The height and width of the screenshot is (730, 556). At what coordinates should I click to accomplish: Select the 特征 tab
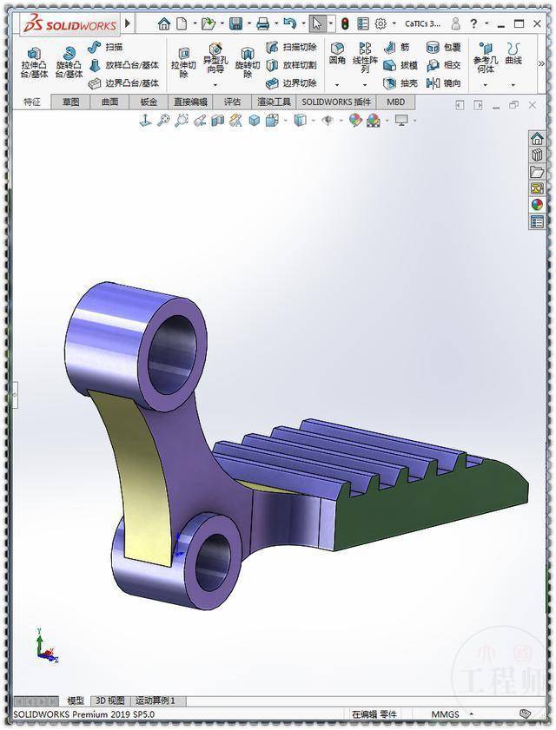pos(31,102)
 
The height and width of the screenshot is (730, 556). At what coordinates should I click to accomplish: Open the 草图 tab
pos(70,102)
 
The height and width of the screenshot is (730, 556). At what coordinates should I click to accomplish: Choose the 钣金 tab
pos(149,102)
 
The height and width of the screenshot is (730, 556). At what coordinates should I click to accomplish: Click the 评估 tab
pos(232,102)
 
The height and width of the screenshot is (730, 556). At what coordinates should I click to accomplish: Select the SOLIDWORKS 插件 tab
pos(335,102)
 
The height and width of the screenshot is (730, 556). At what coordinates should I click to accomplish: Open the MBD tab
pos(395,102)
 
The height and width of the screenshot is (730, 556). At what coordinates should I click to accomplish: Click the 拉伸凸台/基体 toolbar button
pos(36,62)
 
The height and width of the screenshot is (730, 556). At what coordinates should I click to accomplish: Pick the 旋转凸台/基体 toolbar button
pos(70,62)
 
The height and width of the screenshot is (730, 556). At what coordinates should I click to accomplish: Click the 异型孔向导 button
pos(215,58)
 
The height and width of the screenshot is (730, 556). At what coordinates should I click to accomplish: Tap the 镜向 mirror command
pos(444,83)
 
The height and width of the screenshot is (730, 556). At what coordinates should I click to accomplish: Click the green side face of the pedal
pos(434,512)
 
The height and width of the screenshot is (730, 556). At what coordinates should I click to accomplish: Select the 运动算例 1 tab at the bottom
pos(156,700)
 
